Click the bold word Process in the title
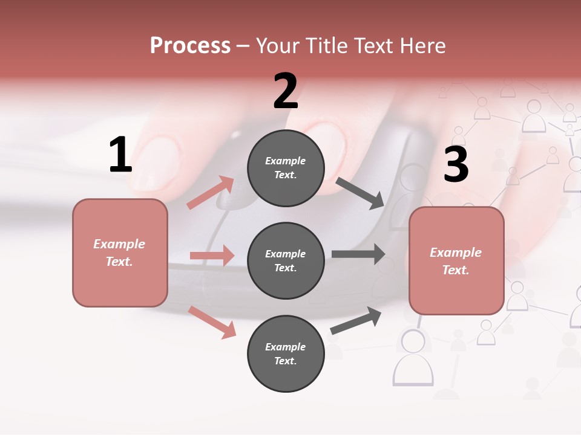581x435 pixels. pyautogui.click(x=190, y=46)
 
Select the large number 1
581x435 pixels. pyautogui.click(x=120, y=155)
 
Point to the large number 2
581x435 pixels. pyautogui.click(x=286, y=91)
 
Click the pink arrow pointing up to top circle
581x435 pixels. pyautogui.click(x=211, y=193)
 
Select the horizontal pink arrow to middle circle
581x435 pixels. pyautogui.click(x=212, y=256)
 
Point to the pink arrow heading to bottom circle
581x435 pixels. pyautogui.click(x=212, y=321)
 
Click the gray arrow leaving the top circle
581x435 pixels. pyautogui.click(x=360, y=193)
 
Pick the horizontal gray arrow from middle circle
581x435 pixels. pyautogui.click(x=358, y=254)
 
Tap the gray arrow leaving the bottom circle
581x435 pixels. pyautogui.click(x=356, y=320)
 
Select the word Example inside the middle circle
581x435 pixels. pyautogui.click(x=285, y=254)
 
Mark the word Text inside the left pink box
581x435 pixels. pyautogui.click(x=119, y=262)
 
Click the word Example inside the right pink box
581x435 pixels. pyautogui.click(x=456, y=253)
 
